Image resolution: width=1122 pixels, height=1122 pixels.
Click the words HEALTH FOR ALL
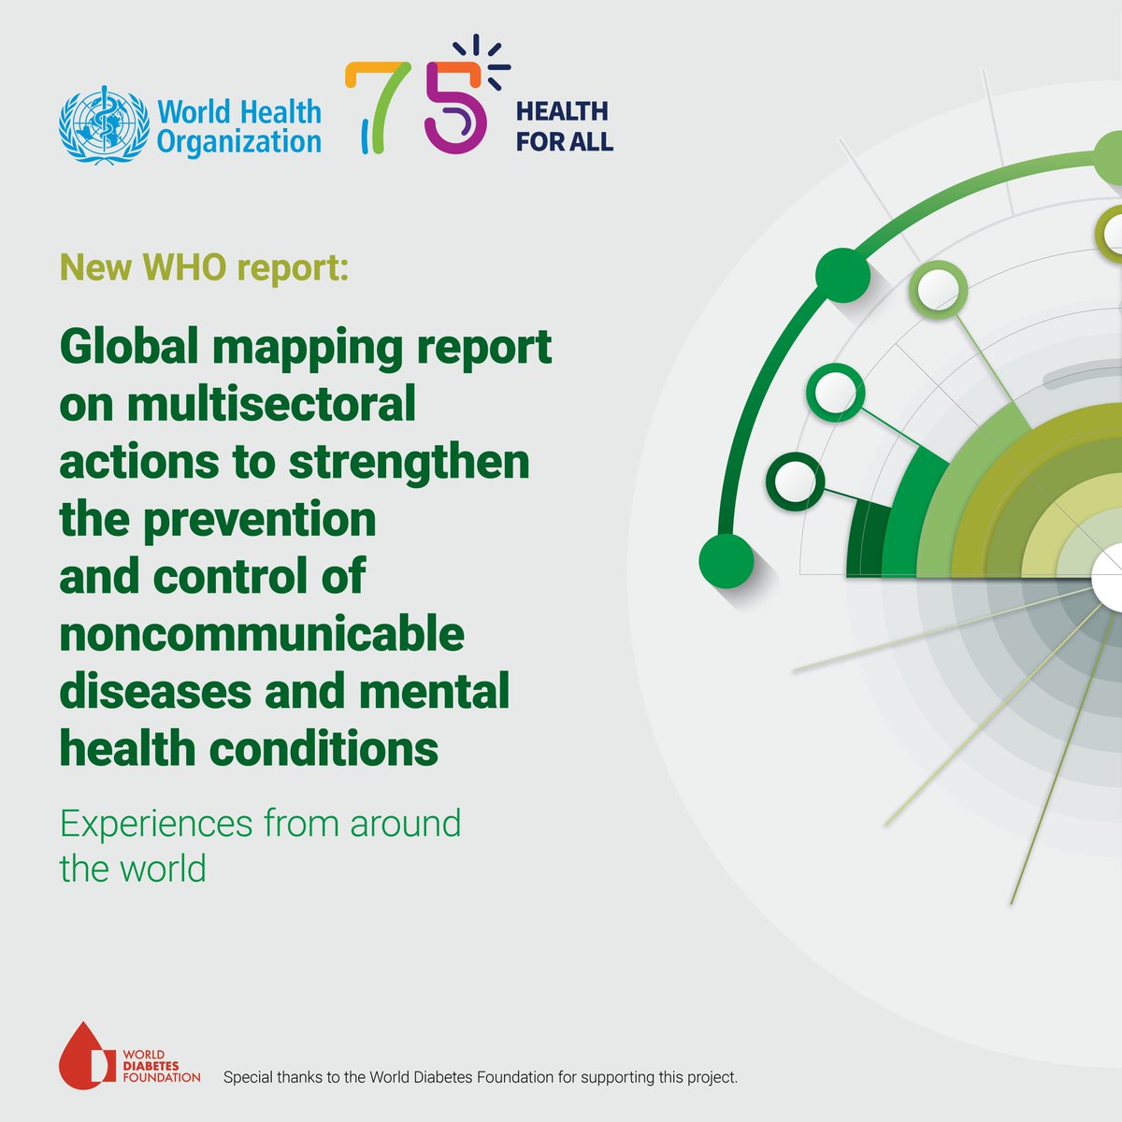[x=564, y=126]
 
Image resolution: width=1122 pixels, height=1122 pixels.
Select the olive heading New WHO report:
[x=204, y=268]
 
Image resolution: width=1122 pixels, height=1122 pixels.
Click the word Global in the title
[x=129, y=347]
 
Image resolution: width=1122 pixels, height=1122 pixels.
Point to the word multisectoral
[x=271, y=404]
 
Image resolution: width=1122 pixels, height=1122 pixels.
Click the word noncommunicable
[x=262, y=635]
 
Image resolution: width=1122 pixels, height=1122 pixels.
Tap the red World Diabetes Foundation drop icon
[x=87, y=1055]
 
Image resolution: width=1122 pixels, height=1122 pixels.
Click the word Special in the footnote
[x=249, y=1077]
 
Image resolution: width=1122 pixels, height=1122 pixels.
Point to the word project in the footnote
[x=708, y=1077]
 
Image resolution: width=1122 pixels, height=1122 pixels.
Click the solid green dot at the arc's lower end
[x=726, y=561]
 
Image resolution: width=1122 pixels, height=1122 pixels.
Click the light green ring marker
[x=938, y=289]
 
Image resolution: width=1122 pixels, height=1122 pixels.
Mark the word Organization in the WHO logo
[x=239, y=142]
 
